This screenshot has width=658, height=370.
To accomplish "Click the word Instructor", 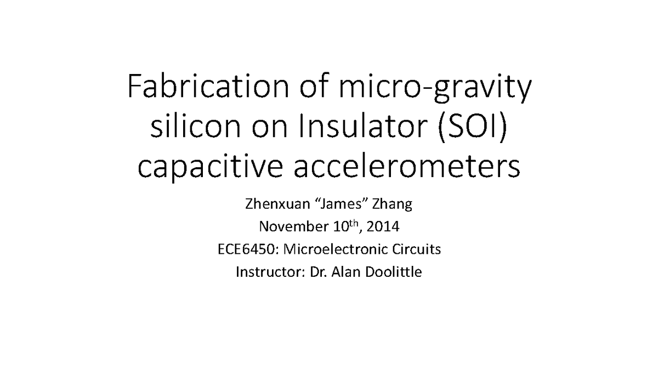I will pos(264,271).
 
